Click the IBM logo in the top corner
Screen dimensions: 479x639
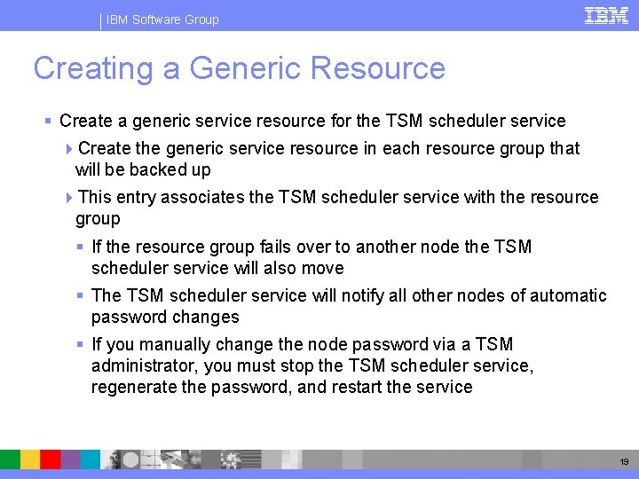point(607,15)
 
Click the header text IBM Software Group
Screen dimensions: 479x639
point(162,20)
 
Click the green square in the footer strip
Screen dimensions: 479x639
point(10,459)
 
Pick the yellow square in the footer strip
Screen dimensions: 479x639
point(30,459)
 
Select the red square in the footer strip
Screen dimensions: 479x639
point(51,459)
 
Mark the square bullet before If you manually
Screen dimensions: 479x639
point(81,344)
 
